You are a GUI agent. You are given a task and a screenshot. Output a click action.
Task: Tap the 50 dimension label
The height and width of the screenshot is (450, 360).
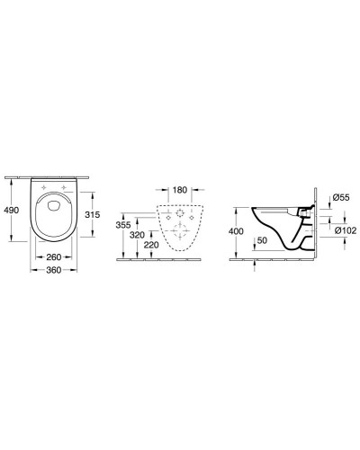(261, 241)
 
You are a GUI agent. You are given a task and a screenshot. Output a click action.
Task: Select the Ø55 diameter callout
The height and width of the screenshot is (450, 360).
(341, 198)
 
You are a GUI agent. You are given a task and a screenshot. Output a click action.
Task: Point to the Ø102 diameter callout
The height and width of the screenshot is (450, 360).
(344, 229)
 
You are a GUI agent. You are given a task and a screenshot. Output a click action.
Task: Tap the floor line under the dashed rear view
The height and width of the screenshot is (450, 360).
(180, 261)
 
